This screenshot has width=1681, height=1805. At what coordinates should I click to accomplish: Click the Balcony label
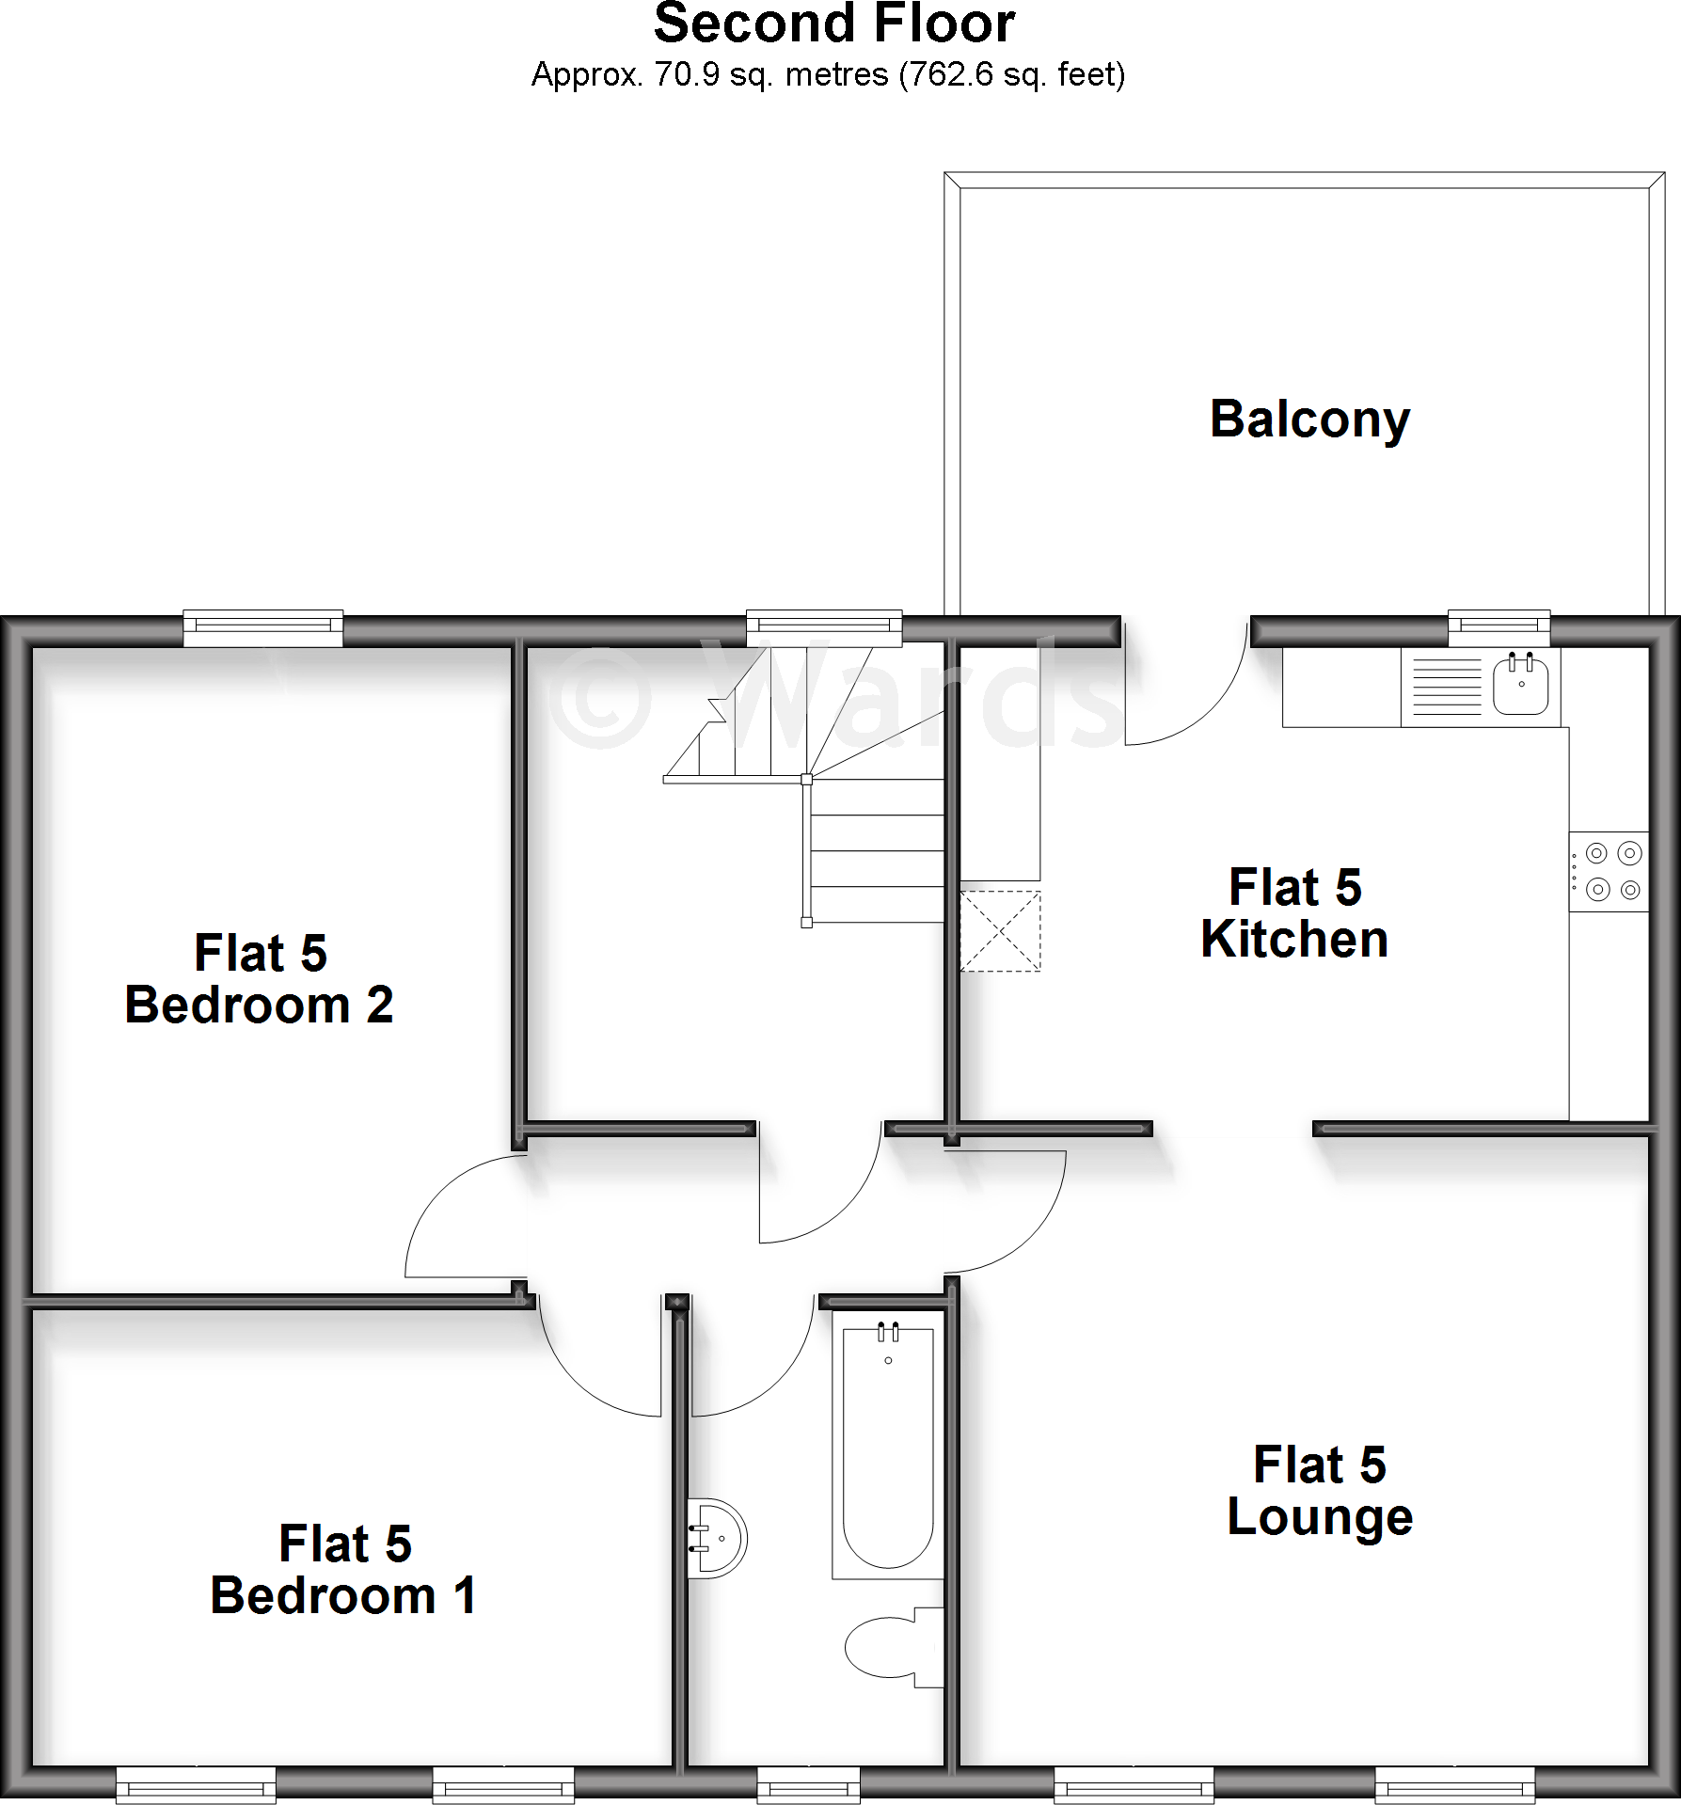pos(1309,420)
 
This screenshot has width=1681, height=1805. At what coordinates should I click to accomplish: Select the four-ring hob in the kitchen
pos(1609,871)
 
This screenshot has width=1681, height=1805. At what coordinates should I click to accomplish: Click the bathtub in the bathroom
pos(888,1449)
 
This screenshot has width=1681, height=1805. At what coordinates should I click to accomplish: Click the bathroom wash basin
pos(719,1538)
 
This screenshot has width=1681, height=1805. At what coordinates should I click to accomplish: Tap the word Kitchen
pos(1294,940)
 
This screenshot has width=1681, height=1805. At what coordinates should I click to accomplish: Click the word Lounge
pos(1320,1517)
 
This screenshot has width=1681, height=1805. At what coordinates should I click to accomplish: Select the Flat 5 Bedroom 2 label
pos(260,979)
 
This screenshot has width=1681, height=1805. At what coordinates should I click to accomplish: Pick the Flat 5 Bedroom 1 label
pos(344,1570)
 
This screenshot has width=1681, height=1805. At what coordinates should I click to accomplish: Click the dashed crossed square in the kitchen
pos(1000,931)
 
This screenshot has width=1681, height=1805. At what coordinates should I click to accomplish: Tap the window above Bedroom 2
pos(263,628)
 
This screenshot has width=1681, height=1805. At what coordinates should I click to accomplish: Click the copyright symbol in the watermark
pos(600,696)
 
